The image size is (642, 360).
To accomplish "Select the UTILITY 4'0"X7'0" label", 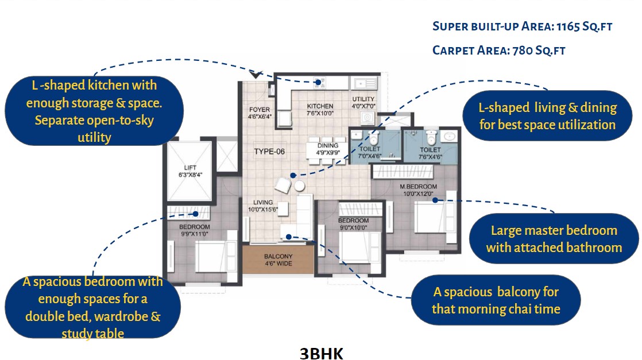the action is coord(363,102).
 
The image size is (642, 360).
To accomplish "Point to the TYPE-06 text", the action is coord(269,152).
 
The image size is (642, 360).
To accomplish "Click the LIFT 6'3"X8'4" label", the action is coord(190,171).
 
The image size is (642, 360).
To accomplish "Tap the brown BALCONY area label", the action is coord(279,260).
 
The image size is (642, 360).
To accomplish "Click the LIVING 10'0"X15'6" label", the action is coord(263,206).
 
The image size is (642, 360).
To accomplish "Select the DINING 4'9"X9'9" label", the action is coord(328,149).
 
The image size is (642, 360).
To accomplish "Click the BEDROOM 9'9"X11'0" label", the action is coord(195,230).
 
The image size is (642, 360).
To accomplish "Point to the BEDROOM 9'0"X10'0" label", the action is coord(353,224).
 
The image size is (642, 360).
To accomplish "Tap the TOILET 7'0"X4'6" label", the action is coord(370,152).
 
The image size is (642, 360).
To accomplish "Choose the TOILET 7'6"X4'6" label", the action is coord(430,153).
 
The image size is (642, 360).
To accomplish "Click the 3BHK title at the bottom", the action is coord(322,354).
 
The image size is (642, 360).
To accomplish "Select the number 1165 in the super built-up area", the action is coord(568,26).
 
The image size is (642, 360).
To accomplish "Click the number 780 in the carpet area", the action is coord(523,51).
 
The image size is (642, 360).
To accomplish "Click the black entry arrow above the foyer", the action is coord(256,75).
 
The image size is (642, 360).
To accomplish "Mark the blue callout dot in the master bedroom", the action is coord(435,200).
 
